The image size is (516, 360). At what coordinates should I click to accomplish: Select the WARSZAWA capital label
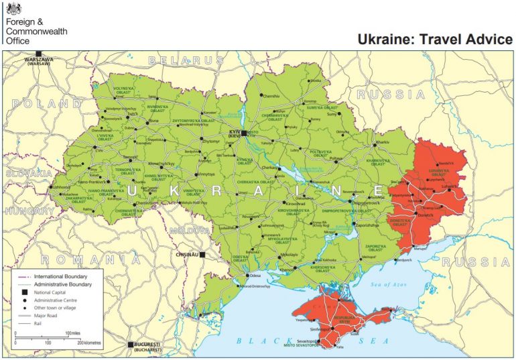pos(40,60)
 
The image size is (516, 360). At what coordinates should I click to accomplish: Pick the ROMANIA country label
pos(91,259)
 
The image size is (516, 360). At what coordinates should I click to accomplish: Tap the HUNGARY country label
pos(29,211)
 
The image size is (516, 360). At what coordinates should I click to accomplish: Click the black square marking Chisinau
pos(202,255)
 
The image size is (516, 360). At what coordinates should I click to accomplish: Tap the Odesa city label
pos(255,276)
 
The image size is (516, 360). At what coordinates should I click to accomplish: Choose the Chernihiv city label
pos(271,97)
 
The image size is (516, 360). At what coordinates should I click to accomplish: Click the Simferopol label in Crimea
pos(320,331)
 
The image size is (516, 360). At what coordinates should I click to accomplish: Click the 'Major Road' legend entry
pos(46,315)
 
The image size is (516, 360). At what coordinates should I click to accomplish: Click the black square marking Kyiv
pos(245,133)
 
